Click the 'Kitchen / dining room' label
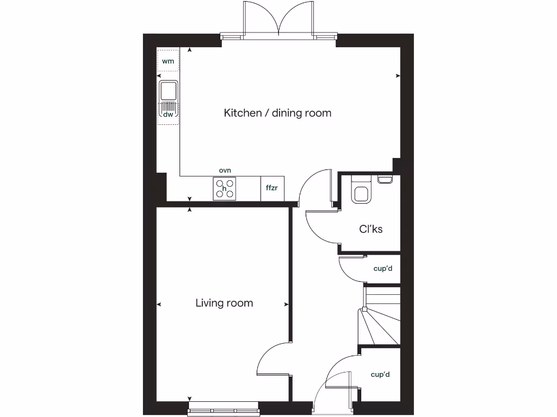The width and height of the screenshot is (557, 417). tap(277, 113)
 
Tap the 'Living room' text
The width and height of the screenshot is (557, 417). tap(224, 303)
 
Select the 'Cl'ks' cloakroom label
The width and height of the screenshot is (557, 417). tap(370, 229)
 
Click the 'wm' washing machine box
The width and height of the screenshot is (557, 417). tap(168, 61)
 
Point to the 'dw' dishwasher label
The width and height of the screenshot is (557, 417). tap(168, 114)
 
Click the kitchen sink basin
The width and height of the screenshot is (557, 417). tap(169, 90)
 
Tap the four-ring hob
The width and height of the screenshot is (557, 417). tap(225, 188)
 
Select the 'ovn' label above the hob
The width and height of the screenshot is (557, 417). tap(225, 170)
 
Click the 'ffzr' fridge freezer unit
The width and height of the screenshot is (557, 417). tap(271, 188)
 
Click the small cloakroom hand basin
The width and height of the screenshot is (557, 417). tap(385, 179)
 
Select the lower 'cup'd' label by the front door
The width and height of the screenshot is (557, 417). tap(380, 375)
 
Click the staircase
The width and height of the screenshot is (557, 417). tap(379, 318)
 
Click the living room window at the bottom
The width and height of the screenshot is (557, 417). tap(223, 411)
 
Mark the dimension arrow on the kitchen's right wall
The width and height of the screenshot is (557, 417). tap(398, 75)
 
